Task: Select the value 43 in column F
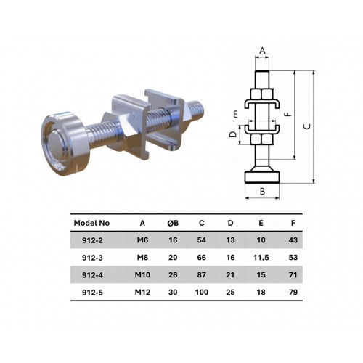[x=293, y=240]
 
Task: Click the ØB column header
[x=172, y=223]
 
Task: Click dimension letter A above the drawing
[x=261, y=51]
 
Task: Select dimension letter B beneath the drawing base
[x=262, y=192]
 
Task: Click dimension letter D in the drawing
[x=232, y=134]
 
